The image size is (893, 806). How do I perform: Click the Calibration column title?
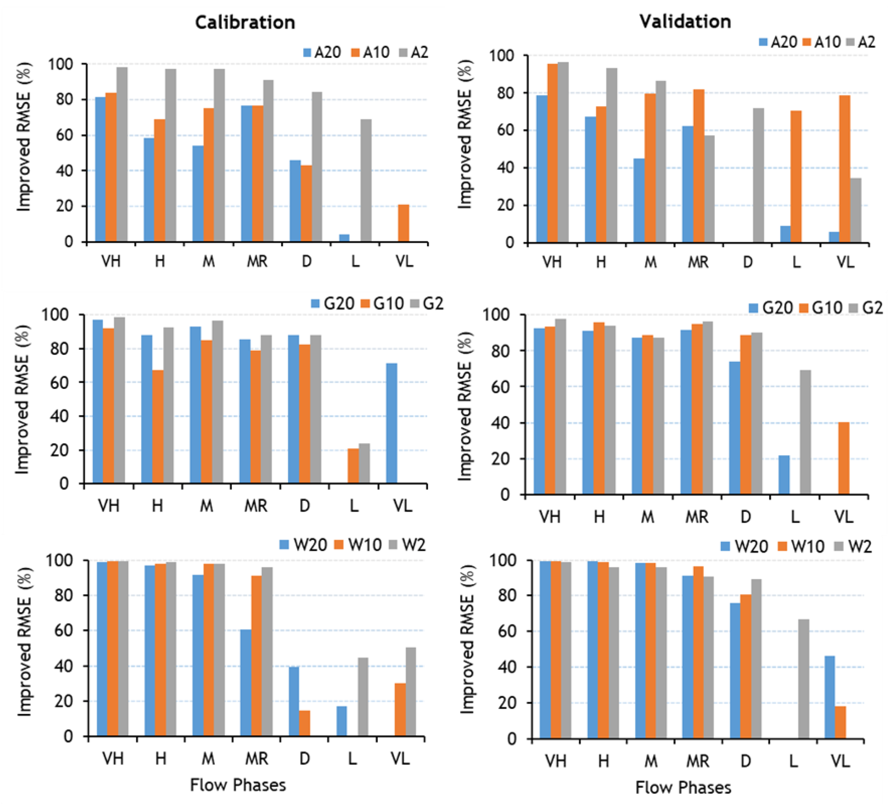(x=245, y=22)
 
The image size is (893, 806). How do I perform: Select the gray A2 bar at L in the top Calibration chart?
(x=366, y=181)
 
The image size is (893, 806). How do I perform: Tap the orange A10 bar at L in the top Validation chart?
(x=796, y=177)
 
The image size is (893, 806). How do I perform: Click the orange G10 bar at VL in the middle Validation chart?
(x=844, y=458)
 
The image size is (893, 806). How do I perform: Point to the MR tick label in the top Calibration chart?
(x=257, y=262)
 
